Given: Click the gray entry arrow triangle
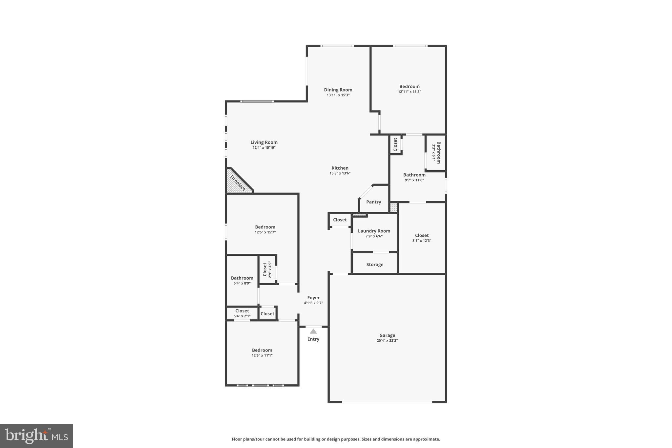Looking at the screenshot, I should click(x=313, y=331).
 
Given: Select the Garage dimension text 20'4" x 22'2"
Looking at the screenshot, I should click(x=387, y=341).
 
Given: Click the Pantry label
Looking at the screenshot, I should click(x=373, y=202).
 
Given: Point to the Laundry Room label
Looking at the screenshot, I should click(x=374, y=231).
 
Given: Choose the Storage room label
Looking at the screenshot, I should click(x=375, y=265).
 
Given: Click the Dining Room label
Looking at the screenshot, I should click(x=338, y=90).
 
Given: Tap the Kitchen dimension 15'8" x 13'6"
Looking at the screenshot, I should click(x=340, y=173).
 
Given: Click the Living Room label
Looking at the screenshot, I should click(x=264, y=142).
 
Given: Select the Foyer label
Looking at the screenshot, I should click(x=313, y=298).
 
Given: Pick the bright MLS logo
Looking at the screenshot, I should click(x=36, y=436).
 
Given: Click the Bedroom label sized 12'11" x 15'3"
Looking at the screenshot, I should click(x=409, y=86).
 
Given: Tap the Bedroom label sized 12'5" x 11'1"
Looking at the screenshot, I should click(x=262, y=350).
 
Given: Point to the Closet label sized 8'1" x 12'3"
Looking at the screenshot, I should click(x=422, y=235).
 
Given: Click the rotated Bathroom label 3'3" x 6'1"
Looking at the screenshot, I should click(x=438, y=153).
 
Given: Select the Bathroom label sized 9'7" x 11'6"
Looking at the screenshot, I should click(x=414, y=175).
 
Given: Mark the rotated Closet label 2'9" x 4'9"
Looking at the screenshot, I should click(x=265, y=269).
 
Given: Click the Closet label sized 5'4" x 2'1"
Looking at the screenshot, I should click(x=242, y=311).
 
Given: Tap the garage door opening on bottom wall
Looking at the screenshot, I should click(x=387, y=402).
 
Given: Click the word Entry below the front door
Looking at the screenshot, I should click(x=313, y=339).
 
